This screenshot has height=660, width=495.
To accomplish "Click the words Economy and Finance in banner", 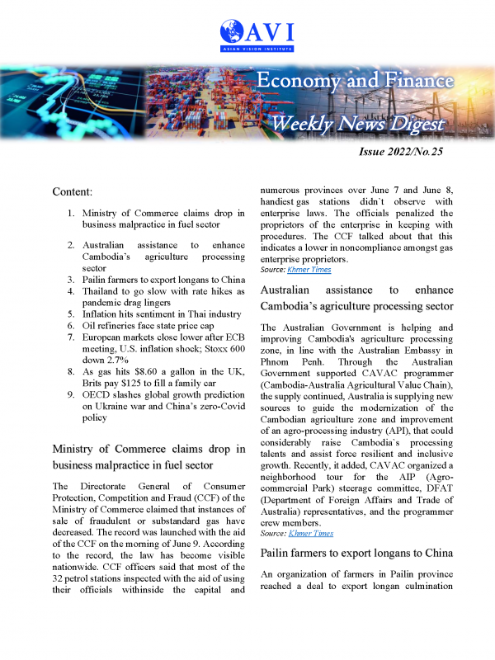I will [x=355, y=80].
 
